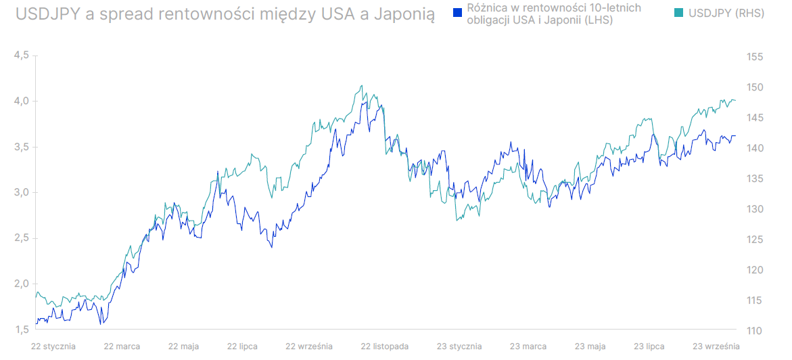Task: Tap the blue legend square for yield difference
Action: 457,12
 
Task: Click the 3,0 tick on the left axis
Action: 21,193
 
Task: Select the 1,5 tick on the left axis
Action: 21,330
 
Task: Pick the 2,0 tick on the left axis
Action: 21,284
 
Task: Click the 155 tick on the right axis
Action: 755,57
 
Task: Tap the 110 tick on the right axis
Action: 755,330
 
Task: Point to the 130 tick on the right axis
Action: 755,209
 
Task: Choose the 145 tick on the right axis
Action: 755,118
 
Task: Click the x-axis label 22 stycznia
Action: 53,346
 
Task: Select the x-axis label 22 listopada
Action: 385,346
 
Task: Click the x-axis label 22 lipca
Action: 242,346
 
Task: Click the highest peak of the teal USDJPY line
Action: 363,85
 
